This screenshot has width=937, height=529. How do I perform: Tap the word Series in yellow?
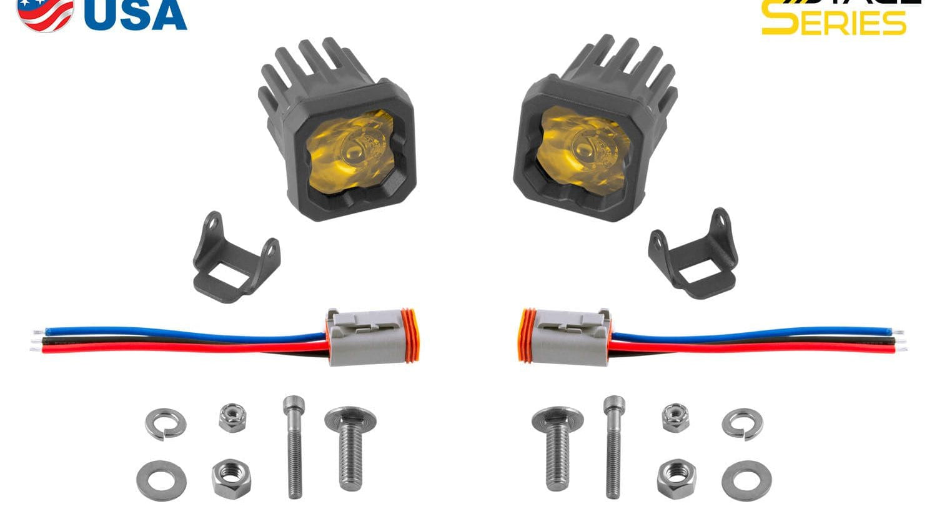(833, 21)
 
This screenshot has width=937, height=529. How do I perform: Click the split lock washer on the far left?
(166, 424)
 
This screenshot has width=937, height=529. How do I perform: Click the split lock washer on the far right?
(742, 424)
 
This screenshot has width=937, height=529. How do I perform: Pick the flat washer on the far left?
(157, 480)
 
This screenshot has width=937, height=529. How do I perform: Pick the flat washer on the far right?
(746, 480)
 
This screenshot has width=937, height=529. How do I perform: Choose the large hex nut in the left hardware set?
(232, 478)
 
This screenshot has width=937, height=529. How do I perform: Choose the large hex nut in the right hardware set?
(677, 478)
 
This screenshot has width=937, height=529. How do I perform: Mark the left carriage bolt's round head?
(350, 418)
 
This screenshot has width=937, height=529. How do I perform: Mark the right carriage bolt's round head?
(558, 418)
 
